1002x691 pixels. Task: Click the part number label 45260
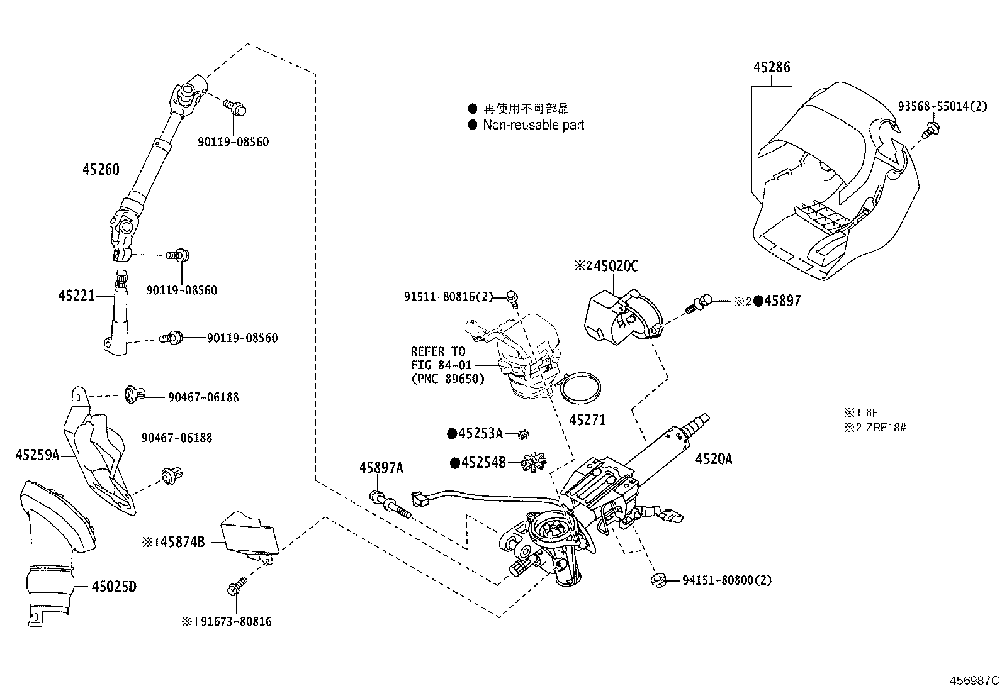(x=101, y=169)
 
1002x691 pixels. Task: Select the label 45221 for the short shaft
(x=76, y=295)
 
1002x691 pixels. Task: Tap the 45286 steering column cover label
(x=772, y=67)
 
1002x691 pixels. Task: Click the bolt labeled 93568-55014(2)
(x=930, y=131)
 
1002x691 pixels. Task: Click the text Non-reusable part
(x=533, y=125)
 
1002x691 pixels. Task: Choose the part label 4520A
(x=714, y=460)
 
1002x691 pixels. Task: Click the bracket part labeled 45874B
(x=249, y=535)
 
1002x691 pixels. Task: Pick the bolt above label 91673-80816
(x=237, y=587)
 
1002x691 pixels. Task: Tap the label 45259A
(x=37, y=455)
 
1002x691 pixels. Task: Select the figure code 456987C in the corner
(x=974, y=680)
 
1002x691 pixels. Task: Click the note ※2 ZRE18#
(x=875, y=428)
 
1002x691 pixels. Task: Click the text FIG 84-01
(x=439, y=365)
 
